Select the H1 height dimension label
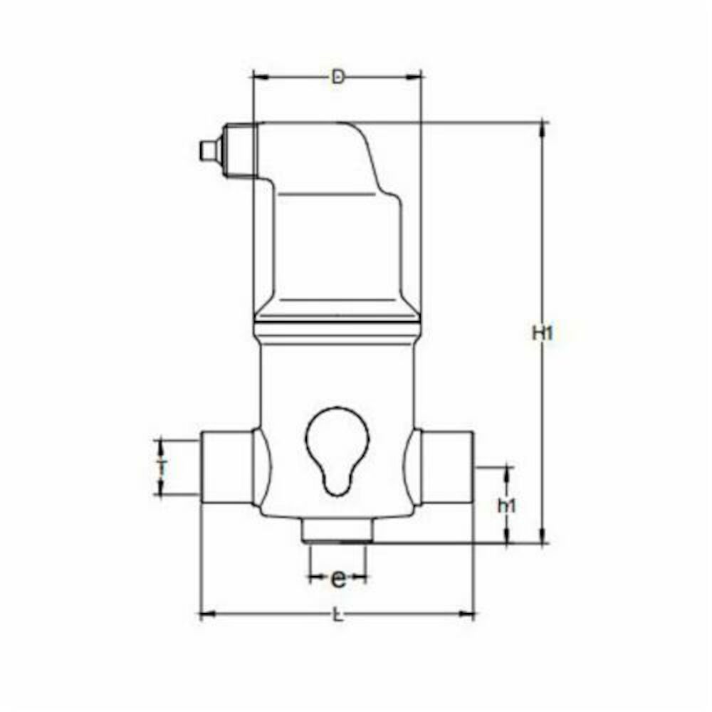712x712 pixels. (x=543, y=333)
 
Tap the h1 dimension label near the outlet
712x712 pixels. (x=506, y=506)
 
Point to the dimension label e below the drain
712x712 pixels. (x=339, y=580)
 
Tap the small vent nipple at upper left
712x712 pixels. (x=208, y=150)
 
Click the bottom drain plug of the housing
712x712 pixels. (x=337, y=530)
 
